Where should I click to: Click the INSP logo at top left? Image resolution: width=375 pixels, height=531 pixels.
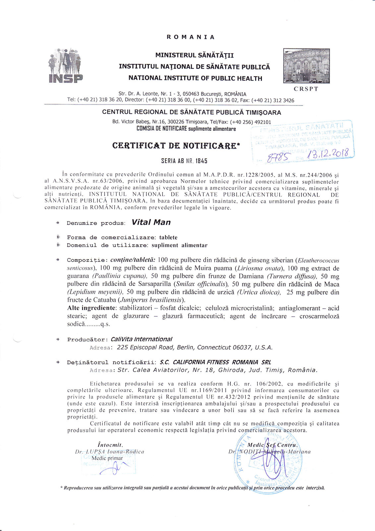pos(65,66)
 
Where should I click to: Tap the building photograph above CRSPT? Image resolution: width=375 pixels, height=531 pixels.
pos(306,66)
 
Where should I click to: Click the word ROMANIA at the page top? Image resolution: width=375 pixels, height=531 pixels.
pos(191,37)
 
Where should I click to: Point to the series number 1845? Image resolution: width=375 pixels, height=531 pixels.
pos(201,161)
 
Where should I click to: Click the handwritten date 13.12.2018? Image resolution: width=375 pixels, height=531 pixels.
pos(328,154)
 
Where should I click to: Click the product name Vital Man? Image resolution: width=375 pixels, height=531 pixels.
pos(151,222)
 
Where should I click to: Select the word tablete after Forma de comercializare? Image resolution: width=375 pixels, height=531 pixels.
pos(168,237)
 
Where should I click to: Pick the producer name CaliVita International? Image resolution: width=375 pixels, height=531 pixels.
pos(141,339)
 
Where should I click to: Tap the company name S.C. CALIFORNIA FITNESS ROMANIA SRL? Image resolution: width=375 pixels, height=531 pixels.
pos(215,362)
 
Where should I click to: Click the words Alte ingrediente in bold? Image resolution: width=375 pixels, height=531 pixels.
pos(92,308)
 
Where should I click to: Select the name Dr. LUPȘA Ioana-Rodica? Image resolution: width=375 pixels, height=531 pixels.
pos(109,452)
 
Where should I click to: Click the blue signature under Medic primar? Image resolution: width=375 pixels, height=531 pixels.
pos(115,468)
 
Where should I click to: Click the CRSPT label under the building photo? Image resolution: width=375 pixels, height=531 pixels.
pos(306,89)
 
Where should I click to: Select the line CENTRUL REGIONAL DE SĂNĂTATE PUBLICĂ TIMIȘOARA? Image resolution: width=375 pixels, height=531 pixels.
pos(191,113)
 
